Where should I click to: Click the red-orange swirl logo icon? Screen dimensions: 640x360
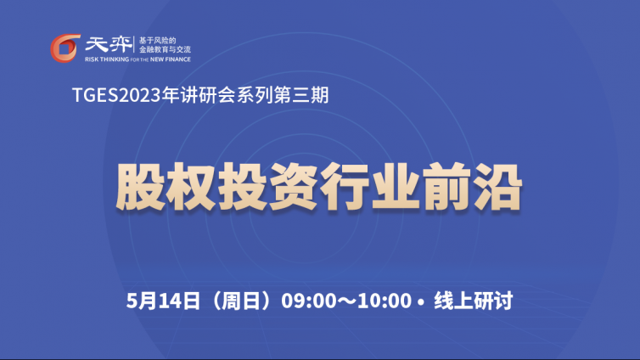click(x=65, y=48)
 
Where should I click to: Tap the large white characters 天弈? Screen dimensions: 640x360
click(x=109, y=44)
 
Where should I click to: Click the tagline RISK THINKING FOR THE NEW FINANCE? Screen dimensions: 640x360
click(x=138, y=59)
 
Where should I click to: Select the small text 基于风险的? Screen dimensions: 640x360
click(x=157, y=41)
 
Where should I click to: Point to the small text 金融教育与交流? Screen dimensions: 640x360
click(x=165, y=49)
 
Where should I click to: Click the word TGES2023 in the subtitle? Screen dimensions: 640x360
click(x=116, y=95)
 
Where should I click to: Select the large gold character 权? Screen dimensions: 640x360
click(x=191, y=187)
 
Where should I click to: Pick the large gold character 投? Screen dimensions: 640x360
click(x=242, y=187)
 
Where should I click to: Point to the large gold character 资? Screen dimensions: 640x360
click(x=293, y=187)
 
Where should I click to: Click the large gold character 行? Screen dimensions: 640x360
click(x=344, y=187)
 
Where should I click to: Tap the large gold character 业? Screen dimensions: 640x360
click(x=395, y=187)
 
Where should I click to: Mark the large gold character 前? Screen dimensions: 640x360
click(x=446, y=187)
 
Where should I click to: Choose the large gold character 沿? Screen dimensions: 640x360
click(x=497, y=187)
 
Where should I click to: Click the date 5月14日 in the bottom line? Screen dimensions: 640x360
click(x=163, y=301)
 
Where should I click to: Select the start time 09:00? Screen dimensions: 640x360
click(x=309, y=301)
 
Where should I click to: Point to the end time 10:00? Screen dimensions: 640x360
click(x=385, y=301)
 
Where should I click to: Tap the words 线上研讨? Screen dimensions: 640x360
click(x=473, y=301)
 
